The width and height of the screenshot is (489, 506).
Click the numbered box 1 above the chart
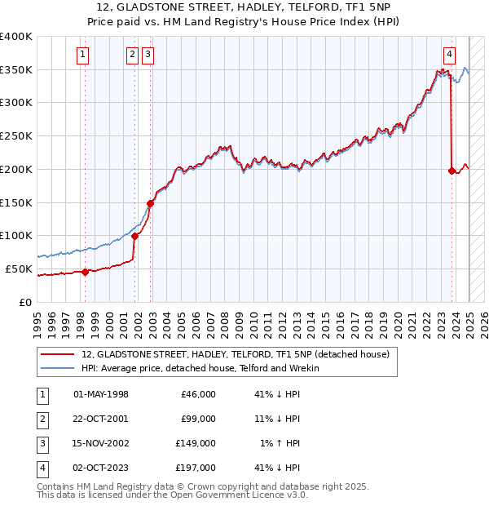coord(84,55)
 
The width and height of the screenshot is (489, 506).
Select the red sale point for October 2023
coord(452,171)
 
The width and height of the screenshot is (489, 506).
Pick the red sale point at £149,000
coord(151,203)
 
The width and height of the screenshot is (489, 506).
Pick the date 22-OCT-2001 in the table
coord(100,419)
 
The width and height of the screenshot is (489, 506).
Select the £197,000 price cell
coord(196,468)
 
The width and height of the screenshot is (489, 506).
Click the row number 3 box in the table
coord(41,443)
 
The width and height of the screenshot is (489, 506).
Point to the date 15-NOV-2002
coord(100,443)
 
